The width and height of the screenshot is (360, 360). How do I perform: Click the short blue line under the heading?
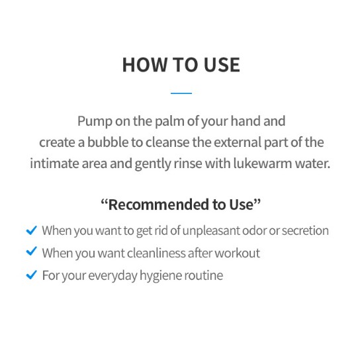[180, 93]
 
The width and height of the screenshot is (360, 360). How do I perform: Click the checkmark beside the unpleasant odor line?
[30, 230]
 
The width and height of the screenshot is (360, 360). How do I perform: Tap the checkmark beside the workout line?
[30, 252]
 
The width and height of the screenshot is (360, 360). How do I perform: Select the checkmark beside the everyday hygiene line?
[30, 275]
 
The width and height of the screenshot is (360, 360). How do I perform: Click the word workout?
[239, 253]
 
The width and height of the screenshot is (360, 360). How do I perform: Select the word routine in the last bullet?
[202, 275]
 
